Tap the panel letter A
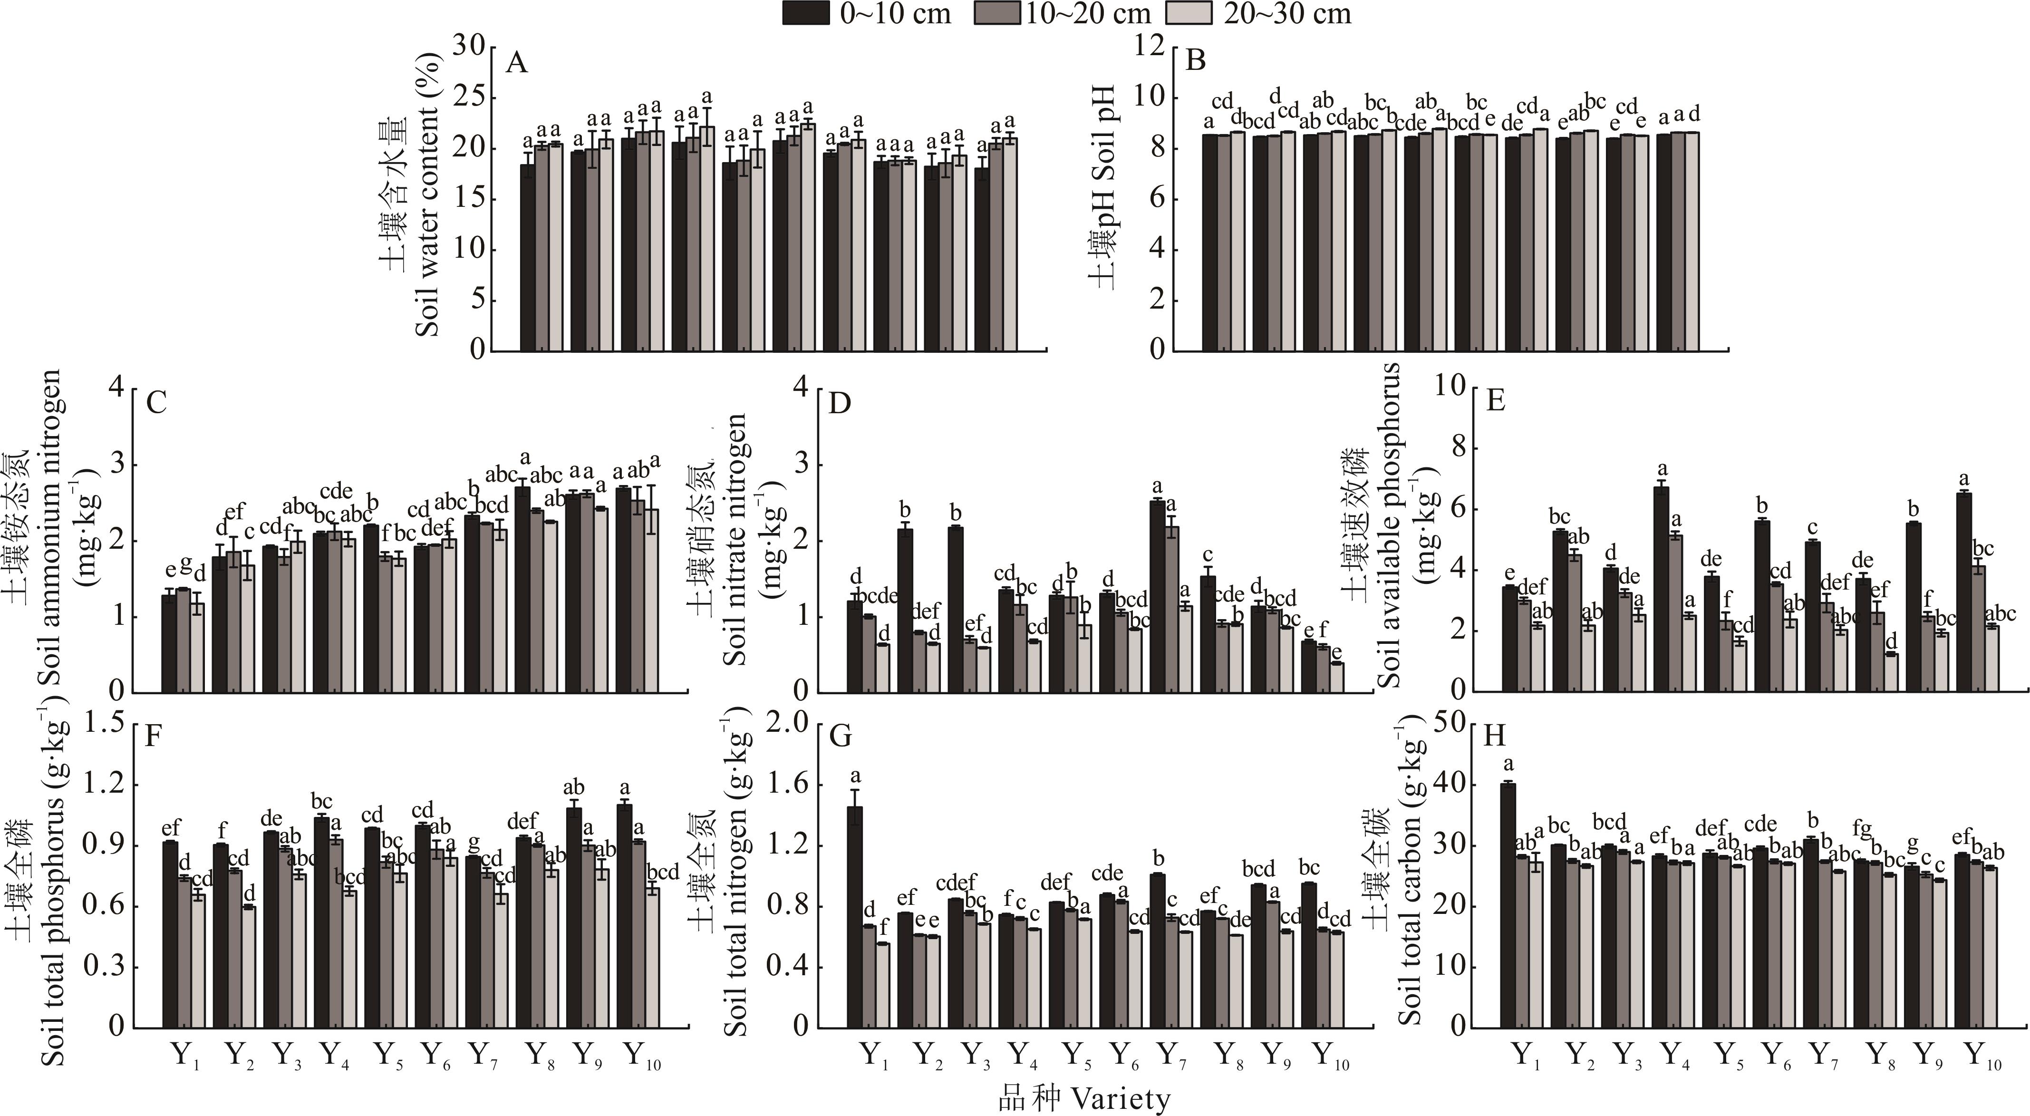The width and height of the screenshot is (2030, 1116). point(516,61)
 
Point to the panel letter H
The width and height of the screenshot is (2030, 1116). point(1495,736)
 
